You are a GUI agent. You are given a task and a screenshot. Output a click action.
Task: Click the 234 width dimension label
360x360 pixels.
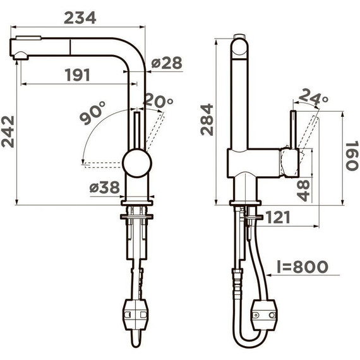tap(80, 18)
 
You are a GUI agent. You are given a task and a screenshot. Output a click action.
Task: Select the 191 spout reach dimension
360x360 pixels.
tap(78, 75)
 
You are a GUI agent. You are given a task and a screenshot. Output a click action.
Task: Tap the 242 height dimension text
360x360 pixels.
tap(8, 131)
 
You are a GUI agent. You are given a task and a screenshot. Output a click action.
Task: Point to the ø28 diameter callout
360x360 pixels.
tap(167, 63)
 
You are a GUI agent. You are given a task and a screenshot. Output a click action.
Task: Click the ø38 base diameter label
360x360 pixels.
tap(105, 187)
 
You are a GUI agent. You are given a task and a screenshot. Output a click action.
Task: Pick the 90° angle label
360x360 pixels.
tap(92, 112)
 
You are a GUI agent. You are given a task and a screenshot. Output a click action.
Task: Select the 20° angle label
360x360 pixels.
tap(159, 100)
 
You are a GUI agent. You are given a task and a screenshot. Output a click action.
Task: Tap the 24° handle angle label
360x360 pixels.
tap(313, 97)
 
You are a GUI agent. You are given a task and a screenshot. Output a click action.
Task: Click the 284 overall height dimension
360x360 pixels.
tap(207, 119)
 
